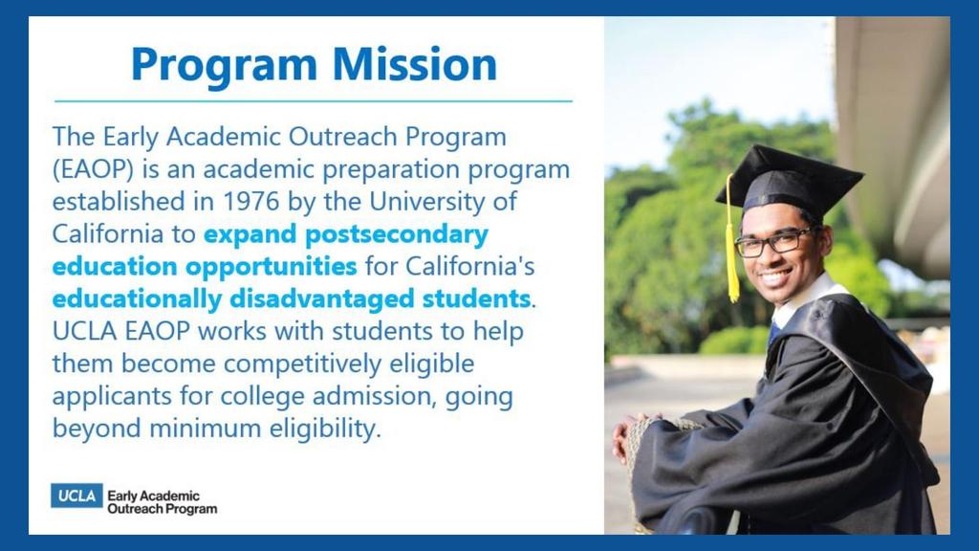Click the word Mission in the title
414,64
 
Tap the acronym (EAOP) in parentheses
93,170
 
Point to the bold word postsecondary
397,235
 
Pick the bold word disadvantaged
322,299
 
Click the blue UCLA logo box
76,496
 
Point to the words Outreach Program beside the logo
163,509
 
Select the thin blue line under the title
314,100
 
